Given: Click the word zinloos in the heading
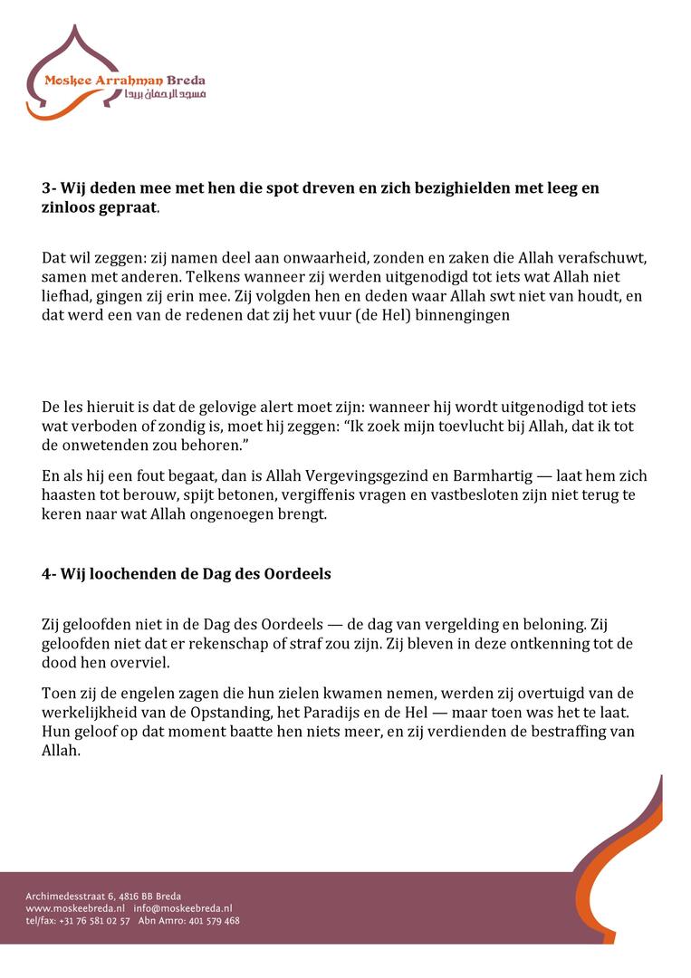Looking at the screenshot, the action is (x=76, y=206).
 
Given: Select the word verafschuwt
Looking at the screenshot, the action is (x=602, y=258).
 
